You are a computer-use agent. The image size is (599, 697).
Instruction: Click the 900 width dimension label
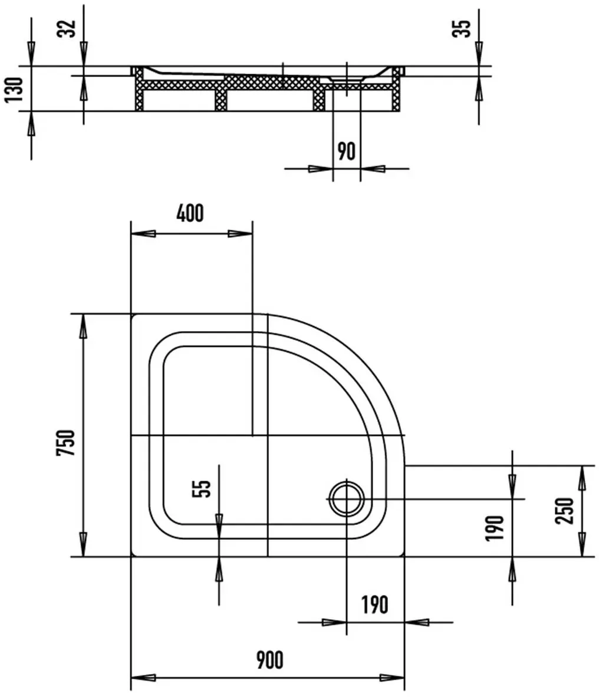[269, 660]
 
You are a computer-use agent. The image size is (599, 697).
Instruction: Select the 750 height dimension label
[67, 442]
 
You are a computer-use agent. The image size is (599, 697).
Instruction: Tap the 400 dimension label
[190, 213]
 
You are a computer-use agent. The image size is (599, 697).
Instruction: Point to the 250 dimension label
[565, 511]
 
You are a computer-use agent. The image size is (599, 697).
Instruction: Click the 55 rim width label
[202, 488]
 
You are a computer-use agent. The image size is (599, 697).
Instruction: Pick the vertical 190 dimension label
[495, 528]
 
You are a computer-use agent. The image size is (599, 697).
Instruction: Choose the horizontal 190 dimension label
[374, 604]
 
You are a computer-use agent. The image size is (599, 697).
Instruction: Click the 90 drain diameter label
[347, 151]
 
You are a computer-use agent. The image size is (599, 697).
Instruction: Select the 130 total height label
[14, 90]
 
